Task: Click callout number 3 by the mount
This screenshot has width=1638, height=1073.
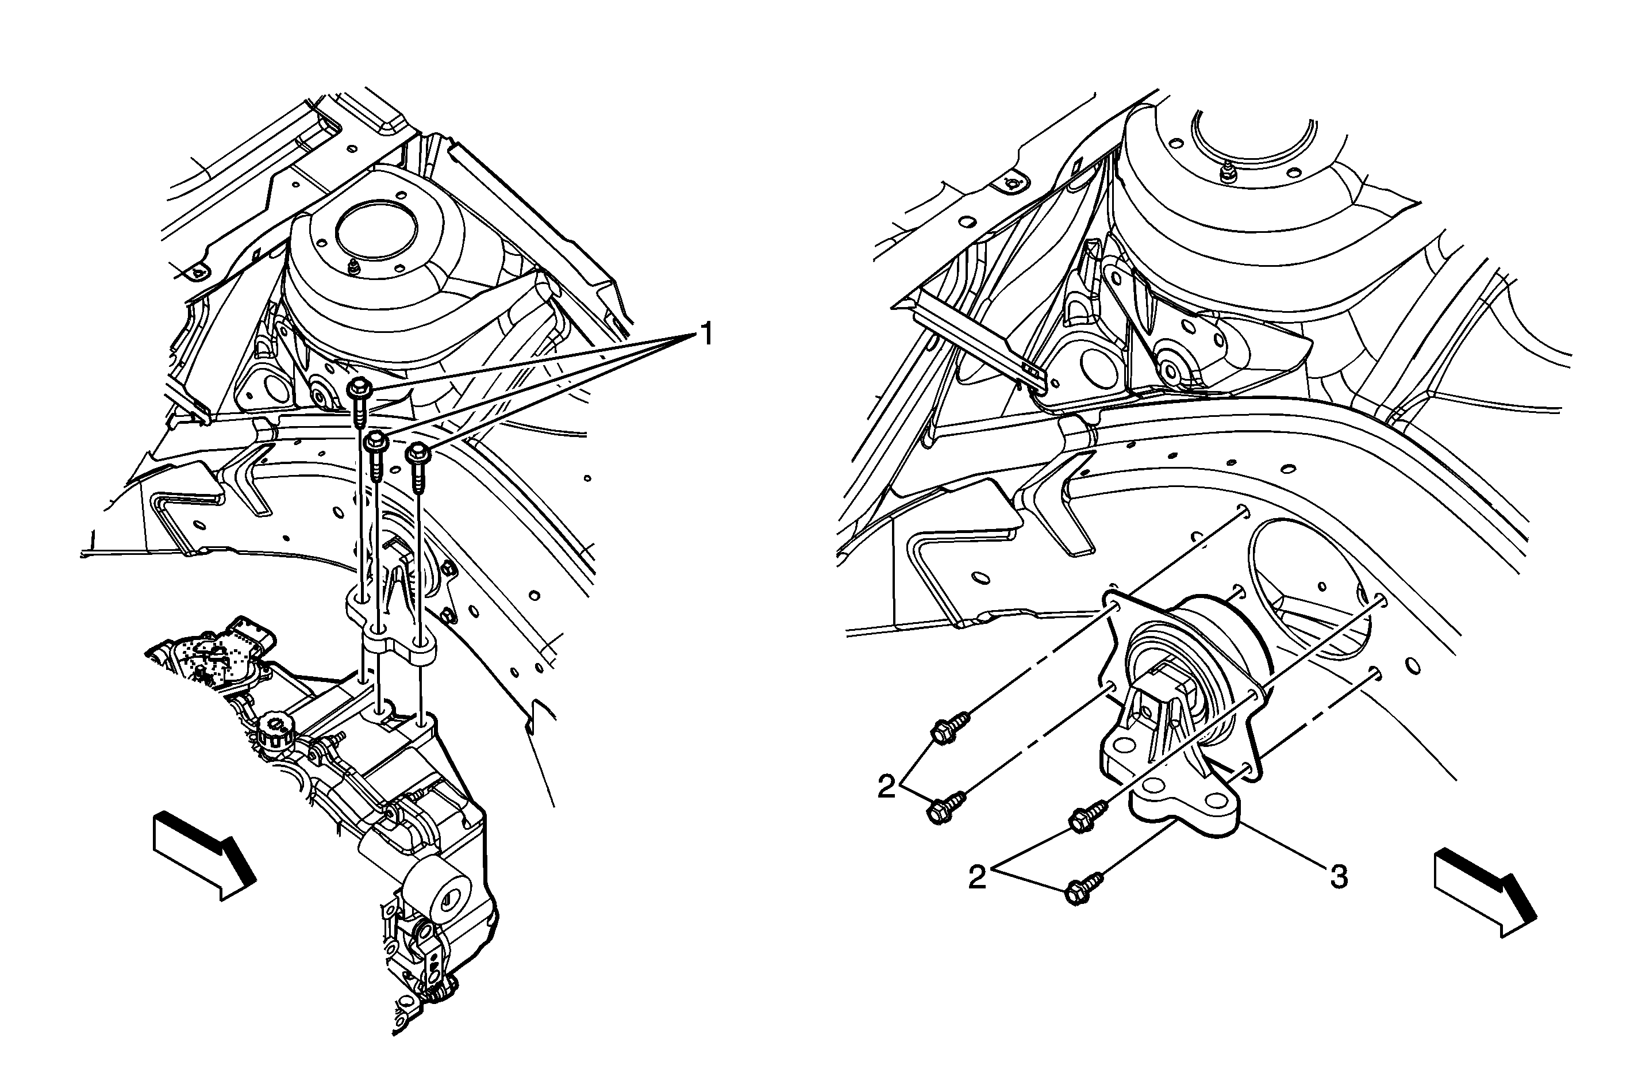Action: pos(1338,877)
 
